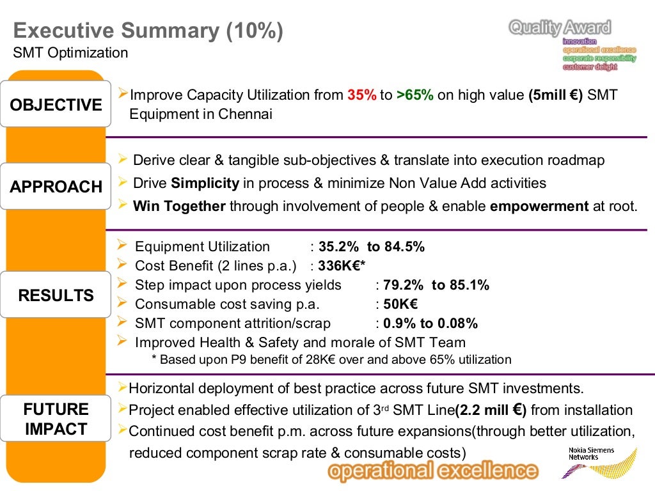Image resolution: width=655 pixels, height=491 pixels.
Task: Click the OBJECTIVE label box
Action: tap(56, 104)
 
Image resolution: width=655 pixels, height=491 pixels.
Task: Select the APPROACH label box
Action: tap(56, 187)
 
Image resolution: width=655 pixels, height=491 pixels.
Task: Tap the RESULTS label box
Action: tap(56, 295)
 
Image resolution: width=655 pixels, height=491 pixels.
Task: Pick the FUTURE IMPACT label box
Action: tap(56, 419)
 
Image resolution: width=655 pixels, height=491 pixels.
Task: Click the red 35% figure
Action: tap(362, 95)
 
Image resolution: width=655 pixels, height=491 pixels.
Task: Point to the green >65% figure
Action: tap(414, 95)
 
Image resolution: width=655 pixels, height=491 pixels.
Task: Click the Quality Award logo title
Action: tap(560, 27)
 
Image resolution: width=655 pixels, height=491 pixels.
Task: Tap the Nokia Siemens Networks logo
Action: tap(598, 462)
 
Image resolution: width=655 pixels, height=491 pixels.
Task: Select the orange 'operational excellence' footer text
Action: tap(432, 472)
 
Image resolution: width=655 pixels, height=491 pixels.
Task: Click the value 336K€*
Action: tap(342, 265)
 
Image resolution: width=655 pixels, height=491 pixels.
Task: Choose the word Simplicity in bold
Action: tap(205, 183)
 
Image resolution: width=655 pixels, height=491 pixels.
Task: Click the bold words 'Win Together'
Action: tap(179, 207)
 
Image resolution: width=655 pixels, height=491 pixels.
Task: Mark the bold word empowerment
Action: tap(539, 207)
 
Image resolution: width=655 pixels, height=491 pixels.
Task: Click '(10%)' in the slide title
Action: tap(253, 30)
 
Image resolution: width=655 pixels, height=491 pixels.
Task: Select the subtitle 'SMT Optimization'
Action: tap(70, 52)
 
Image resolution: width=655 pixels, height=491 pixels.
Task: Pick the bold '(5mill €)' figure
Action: tap(555, 95)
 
